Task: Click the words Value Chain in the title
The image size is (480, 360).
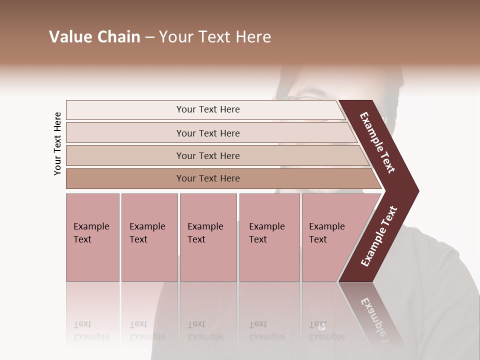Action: [x=94, y=36]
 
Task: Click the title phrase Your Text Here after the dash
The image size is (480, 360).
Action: [x=215, y=36]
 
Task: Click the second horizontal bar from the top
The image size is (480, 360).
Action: [x=207, y=133]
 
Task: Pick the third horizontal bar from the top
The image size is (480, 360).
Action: [x=207, y=155]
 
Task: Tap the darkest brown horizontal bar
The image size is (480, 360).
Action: [x=207, y=178]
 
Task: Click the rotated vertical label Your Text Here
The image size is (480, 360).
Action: [x=57, y=143]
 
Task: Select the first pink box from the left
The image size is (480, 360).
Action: [x=92, y=237]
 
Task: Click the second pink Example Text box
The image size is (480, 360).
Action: [x=149, y=237]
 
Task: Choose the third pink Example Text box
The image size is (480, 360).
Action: [x=208, y=237]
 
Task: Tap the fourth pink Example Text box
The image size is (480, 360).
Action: [x=269, y=237]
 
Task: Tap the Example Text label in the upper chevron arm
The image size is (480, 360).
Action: [x=377, y=142]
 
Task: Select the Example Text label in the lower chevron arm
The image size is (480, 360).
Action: [x=378, y=236]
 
